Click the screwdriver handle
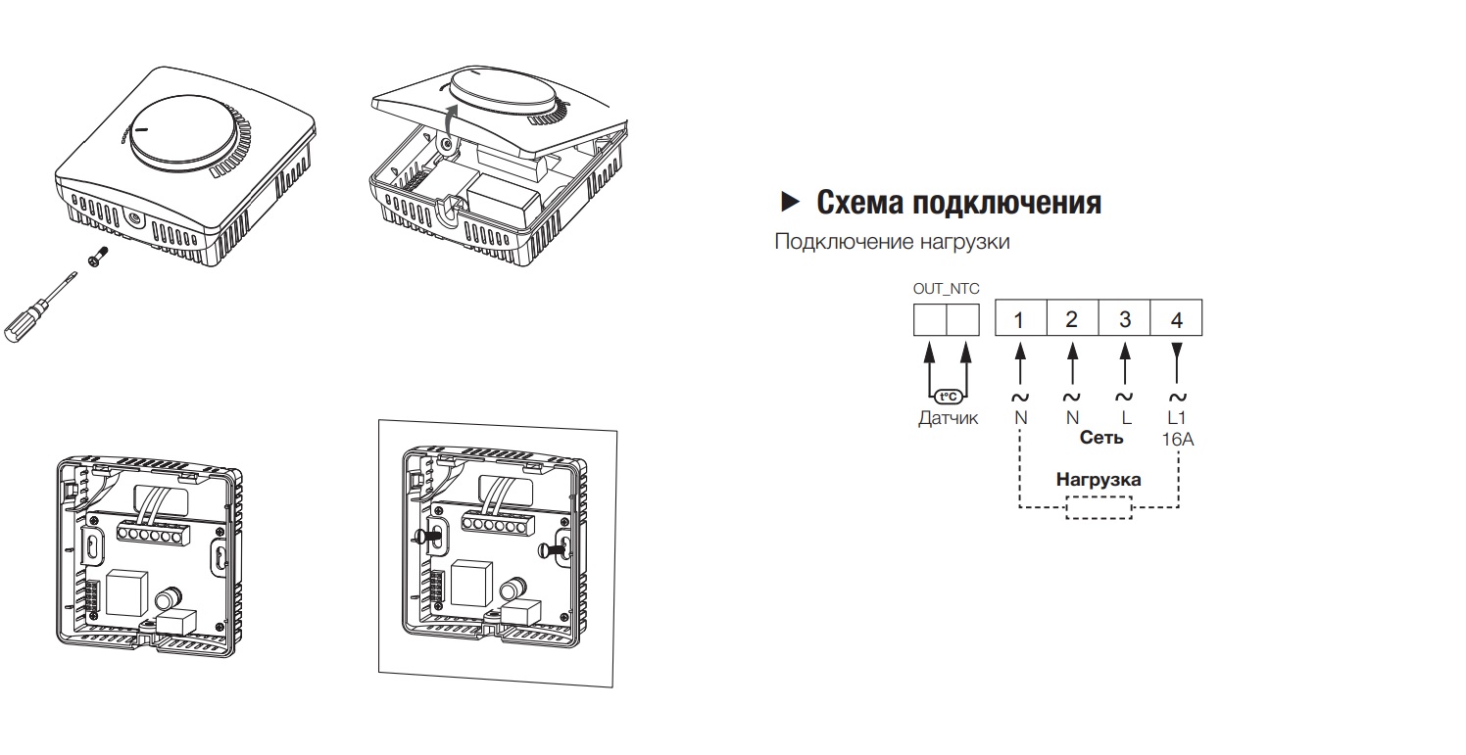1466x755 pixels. [x=24, y=322]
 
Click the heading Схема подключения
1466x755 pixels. [x=958, y=203]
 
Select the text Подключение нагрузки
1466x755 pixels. [x=892, y=241]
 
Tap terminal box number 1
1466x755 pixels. [x=1020, y=319]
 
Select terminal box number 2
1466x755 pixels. [x=1072, y=319]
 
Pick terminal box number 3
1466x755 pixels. [x=1125, y=319]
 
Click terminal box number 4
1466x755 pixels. [x=1177, y=319]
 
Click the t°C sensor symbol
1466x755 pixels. [x=947, y=397]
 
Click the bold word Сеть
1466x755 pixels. [x=1101, y=438]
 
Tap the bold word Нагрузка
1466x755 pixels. [x=1099, y=481]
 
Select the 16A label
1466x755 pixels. [x=1178, y=440]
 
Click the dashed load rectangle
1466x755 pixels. [x=1099, y=507]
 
